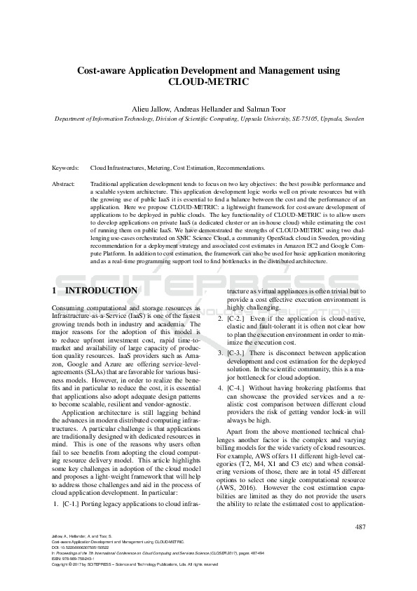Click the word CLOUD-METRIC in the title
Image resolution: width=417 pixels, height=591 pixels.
pyautogui.click(x=208, y=81)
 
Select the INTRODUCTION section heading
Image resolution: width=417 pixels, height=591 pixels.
pyautogui.click(x=101, y=290)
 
